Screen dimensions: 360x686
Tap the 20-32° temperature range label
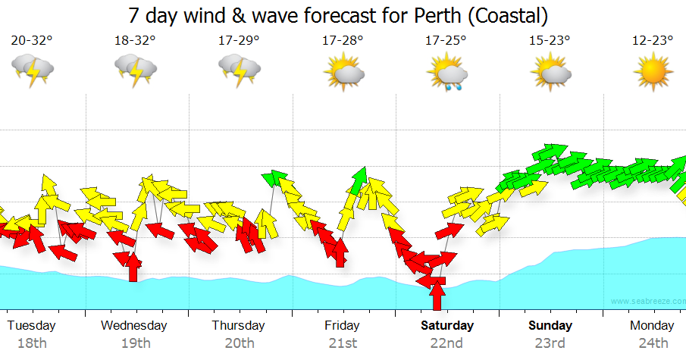[33, 41]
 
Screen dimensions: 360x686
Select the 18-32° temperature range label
[135, 41]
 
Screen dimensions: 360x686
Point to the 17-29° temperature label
[239, 41]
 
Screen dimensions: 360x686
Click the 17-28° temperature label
[342, 41]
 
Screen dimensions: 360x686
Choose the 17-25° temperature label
[446, 41]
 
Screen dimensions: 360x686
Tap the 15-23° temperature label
[550, 41]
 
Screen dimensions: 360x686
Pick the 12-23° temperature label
[653, 41]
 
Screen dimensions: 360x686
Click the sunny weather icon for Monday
[653, 73]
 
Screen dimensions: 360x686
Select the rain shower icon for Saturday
[447, 74]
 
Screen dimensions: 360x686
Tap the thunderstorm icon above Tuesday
[33, 73]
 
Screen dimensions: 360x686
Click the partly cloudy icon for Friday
[343, 73]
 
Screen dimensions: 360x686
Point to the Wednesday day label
[134, 326]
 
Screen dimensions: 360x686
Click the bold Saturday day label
[447, 326]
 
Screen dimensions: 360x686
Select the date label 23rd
[550, 343]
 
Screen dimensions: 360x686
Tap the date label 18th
[32, 343]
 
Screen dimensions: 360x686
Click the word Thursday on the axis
[238, 326]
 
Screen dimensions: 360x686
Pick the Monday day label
[652, 326]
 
